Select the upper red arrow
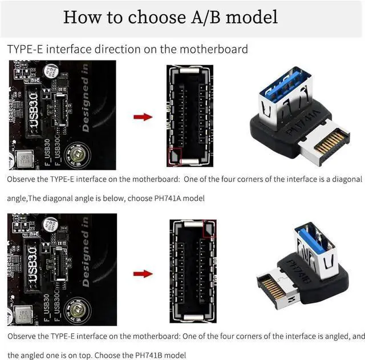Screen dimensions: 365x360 pyautogui.click(x=143, y=117)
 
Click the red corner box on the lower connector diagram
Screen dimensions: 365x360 pyautogui.click(x=209, y=229)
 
